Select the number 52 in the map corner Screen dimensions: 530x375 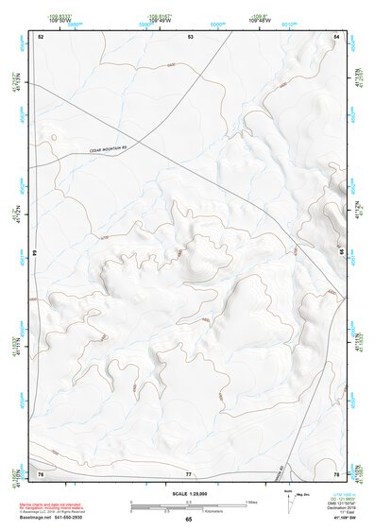click(x=41, y=36)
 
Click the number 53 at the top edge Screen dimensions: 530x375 click(x=190, y=36)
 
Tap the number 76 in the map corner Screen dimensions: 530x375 click(x=41, y=472)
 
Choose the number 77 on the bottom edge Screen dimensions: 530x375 click(x=189, y=472)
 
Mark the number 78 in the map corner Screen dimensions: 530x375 click(x=336, y=472)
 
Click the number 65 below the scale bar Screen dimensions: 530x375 click(x=188, y=520)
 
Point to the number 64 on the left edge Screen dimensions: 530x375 click(x=39, y=253)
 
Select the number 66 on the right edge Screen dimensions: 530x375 click(x=340, y=253)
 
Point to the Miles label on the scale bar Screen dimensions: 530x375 click(x=253, y=501)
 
